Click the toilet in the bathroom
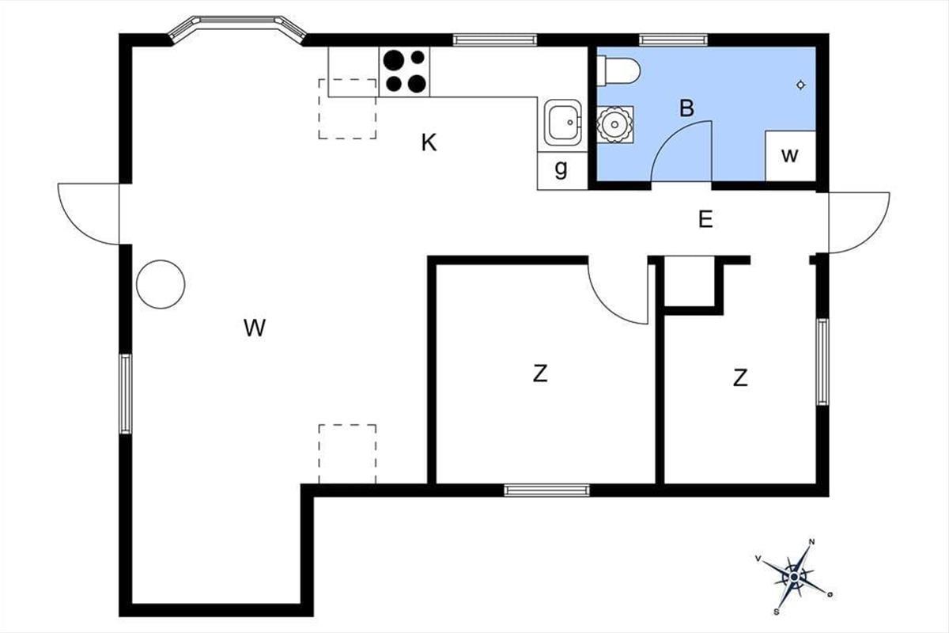click(x=618, y=71)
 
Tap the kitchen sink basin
click(x=563, y=123)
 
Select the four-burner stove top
click(x=404, y=72)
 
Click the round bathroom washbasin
click(x=614, y=125)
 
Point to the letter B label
click(x=686, y=108)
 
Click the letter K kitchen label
click(x=429, y=142)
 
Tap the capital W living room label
click(x=255, y=328)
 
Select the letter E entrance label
click(x=705, y=220)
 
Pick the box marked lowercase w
click(x=791, y=156)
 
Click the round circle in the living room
click(x=161, y=284)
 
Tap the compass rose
click(x=794, y=577)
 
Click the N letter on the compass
click(x=811, y=542)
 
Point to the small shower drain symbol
click(x=800, y=85)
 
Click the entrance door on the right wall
click(x=859, y=223)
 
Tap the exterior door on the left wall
click(x=89, y=214)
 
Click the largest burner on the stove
click(x=394, y=60)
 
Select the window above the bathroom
click(x=673, y=40)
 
